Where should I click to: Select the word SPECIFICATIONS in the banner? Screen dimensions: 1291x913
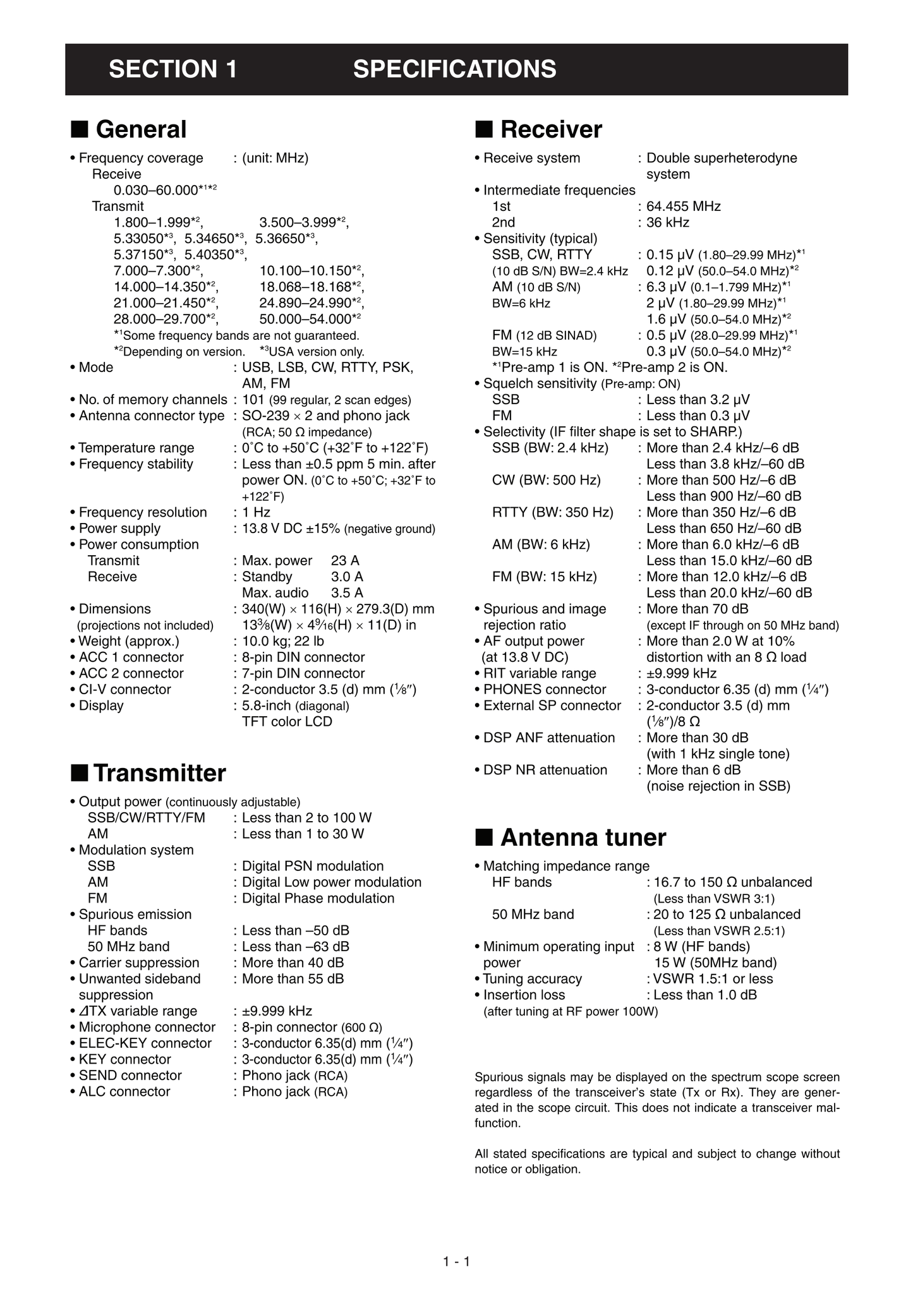[x=454, y=69]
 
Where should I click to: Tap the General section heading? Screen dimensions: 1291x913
[x=140, y=129]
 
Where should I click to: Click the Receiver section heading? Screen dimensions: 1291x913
[x=550, y=129]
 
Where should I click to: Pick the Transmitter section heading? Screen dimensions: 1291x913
[x=159, y=773]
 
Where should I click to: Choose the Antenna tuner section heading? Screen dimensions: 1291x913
[x=583, y=838]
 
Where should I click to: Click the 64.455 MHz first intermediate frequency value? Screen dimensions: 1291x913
[x=683, y=207]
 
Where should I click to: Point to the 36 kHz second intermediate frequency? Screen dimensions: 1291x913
[x=667, y=222]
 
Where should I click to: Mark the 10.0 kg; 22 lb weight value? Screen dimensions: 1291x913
[x=283, y=641]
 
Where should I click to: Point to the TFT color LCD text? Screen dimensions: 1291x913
[x=287, y=722]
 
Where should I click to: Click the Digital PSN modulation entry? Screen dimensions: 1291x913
[x=313, y=866]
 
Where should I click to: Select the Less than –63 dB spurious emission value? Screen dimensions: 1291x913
[x=295, y=947]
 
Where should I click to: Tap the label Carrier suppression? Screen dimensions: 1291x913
[x=138, y=963]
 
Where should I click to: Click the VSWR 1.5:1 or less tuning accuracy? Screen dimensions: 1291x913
[x=713, y=979]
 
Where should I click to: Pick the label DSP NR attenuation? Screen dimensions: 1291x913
[x=545, y=770]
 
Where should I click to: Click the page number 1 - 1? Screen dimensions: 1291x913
[x=456, y=1262]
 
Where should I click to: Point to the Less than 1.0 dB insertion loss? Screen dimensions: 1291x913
[x=704, y=995]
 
